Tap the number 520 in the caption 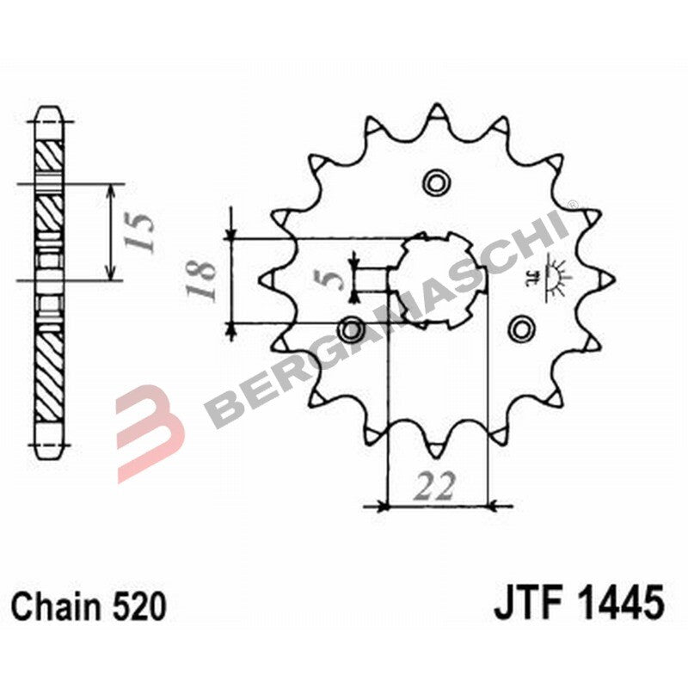(138, 606)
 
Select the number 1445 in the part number (621, 604)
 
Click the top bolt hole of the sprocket (436, 181)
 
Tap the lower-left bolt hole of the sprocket (351, 328)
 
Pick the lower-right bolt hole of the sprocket (520, 328)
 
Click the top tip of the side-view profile (49, 112)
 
